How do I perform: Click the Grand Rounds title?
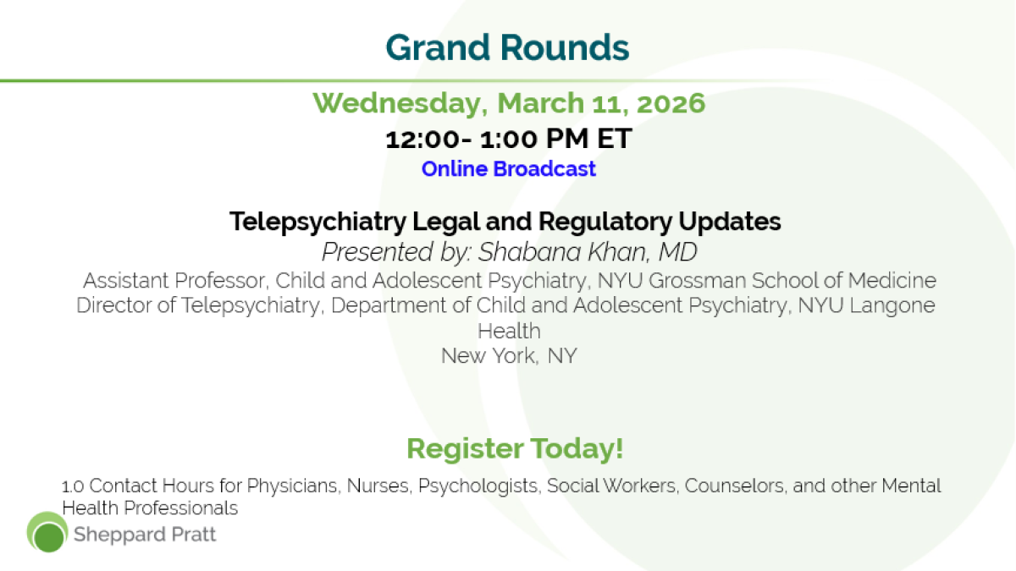(x=507, y=47)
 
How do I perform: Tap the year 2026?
(x=671, y=103)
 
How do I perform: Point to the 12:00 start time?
(x=422, y=139)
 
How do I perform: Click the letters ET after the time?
(x=614, y=138)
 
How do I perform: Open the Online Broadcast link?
(x=509, y=169)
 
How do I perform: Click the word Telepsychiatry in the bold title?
(x=317, y=222)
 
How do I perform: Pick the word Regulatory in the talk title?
(x=605, y=222)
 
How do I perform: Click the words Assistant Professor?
(x=176, y=281)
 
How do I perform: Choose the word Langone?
(x=892, y=306)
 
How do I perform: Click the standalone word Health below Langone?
(x=509, y=331)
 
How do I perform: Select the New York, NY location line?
(x=509, y=356)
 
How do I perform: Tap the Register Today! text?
(x=515, y=448)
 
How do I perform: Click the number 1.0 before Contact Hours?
(x=73, y=486)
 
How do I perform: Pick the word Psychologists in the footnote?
(x=479, y=486)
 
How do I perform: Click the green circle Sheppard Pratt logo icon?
(x=47, y=532)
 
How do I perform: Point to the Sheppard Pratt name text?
(x=145, y=535)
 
